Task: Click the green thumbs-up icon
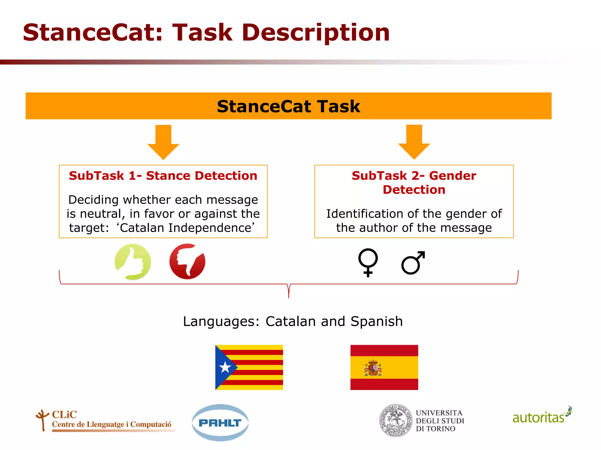pos(133,262)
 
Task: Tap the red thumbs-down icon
pos(187,261)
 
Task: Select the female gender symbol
pos(368,262)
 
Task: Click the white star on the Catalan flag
pos(225,367)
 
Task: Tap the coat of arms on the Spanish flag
pos(373,368)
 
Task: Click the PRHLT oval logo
pos(220,422)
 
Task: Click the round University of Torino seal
pos(396,421)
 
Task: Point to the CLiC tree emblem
pos(43,420)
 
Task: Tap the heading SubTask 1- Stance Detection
pos(163,176)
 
